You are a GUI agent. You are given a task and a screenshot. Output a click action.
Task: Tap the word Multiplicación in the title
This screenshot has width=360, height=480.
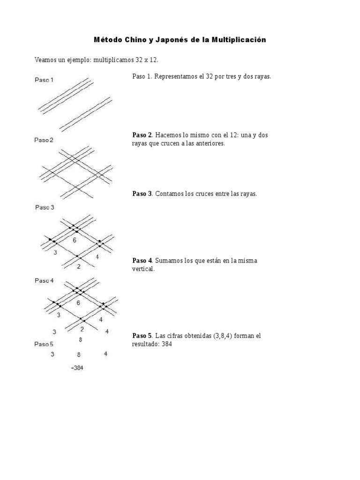coord(239,40)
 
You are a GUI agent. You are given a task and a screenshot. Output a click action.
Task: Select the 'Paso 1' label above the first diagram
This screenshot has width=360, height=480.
coord(44,80)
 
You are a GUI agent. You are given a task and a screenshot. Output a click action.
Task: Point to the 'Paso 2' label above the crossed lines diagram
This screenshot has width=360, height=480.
coord(44,140)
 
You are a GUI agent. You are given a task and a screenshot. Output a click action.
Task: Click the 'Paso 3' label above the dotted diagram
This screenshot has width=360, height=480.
coord(45,207)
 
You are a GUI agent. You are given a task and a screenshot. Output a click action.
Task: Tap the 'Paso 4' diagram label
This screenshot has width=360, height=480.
coord(44,280)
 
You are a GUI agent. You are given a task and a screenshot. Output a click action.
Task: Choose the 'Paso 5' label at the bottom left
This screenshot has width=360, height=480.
coord(44,344)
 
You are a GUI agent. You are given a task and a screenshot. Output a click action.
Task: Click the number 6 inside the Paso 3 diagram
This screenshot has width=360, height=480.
coord(74,240)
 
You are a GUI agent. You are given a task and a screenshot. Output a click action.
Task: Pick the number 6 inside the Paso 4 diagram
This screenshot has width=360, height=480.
coord(78,303)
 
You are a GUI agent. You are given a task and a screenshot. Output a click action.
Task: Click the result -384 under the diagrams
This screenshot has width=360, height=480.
coord(77,368)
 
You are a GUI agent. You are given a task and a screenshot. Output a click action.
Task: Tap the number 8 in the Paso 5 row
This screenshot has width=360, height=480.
coord(79,355)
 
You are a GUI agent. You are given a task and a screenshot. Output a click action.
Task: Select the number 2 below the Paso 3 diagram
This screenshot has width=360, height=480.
coord(78,266)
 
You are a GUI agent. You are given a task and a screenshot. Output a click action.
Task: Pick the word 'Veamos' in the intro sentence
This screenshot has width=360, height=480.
coord(45,60)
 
